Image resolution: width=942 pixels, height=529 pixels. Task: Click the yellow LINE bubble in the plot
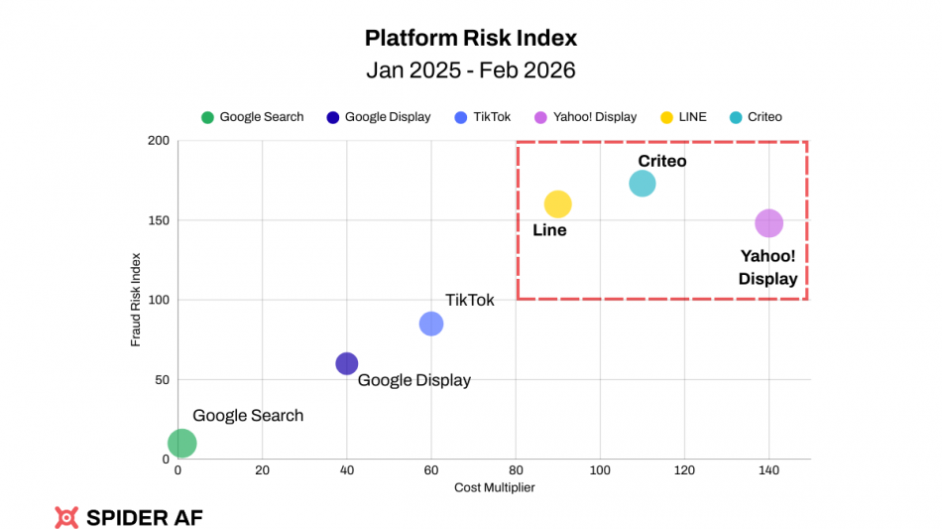click(558, 203)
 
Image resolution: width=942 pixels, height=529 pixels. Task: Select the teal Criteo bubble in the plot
click(643, 184)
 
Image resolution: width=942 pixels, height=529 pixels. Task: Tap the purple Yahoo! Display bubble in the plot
click(768, 223)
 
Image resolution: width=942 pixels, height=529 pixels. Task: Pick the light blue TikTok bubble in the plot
click(431, 324)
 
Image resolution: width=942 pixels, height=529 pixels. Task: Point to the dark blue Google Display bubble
click(347, 363)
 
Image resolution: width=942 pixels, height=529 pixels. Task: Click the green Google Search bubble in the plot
click(182, 443)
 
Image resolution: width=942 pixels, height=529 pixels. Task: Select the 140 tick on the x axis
click(767, 469)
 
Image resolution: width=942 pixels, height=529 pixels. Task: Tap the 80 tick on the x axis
click(516, 469)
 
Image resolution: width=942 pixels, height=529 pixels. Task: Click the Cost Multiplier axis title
click(494, 487)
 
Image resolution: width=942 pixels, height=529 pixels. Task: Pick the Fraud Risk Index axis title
click(136, 300)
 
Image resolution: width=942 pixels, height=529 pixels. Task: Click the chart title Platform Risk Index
click(471, 39)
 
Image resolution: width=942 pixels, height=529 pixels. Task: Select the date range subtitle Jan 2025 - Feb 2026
click(471, 70)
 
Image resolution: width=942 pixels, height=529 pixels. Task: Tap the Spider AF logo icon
click(66, 516)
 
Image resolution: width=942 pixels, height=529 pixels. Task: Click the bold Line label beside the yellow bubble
click(549, 230)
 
